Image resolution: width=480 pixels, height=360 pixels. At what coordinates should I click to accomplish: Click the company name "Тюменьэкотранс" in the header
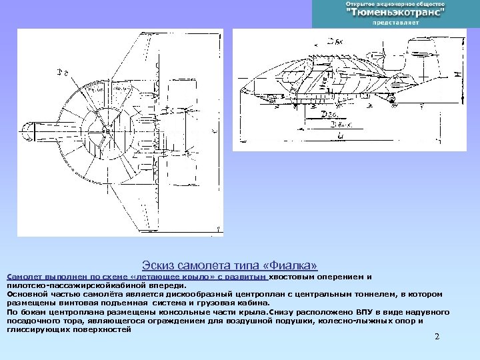click(395, 13)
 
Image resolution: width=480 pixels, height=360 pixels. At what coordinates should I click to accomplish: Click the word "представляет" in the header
click(395, 23)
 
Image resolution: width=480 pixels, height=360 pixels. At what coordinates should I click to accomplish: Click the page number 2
click(437, 337)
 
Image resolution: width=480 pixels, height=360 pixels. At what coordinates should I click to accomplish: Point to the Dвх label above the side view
click(333, 41)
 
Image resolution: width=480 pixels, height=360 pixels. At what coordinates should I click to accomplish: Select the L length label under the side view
click(341, 135)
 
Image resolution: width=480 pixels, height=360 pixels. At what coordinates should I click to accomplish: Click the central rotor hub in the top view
click(106, 132)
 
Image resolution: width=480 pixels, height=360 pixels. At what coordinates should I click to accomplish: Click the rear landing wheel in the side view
click(393, 100)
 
